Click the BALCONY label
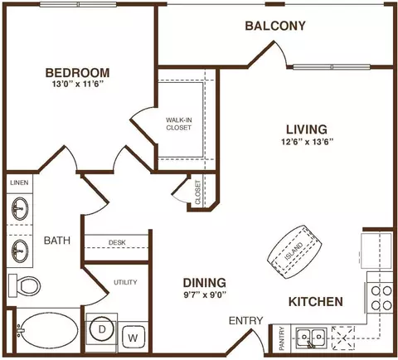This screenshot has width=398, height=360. (x=275, y=26)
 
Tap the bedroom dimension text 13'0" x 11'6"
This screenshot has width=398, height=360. (x=77, y=84)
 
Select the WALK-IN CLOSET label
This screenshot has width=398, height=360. (x=178, y=124)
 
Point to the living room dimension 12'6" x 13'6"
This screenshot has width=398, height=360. (x=307, y=142)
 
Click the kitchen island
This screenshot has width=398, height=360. (x=295, y=252)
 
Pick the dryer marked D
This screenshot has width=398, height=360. (x=102, y=329)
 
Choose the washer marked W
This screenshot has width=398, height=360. (x=133, y=338)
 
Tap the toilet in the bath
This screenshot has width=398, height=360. (x=24, y=286)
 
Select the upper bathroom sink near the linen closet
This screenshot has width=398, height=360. (x=20, y=208)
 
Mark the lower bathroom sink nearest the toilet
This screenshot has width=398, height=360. (x=20, y=251)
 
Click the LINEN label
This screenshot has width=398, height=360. (x=19, y=182)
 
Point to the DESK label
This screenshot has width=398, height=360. (x=117, y=242)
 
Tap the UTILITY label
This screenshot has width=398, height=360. (x=125, y=282)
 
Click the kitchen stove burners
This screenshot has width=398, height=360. (x=381, y=298)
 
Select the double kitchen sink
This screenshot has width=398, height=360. (x=312, y=338)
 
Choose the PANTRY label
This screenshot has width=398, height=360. (x=282, y=338)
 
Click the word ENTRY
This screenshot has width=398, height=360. (x=245, y=320)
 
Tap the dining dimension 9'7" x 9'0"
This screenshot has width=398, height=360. (x=205, y=295)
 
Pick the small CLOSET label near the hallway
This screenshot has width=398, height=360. (x=197, y=192)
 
